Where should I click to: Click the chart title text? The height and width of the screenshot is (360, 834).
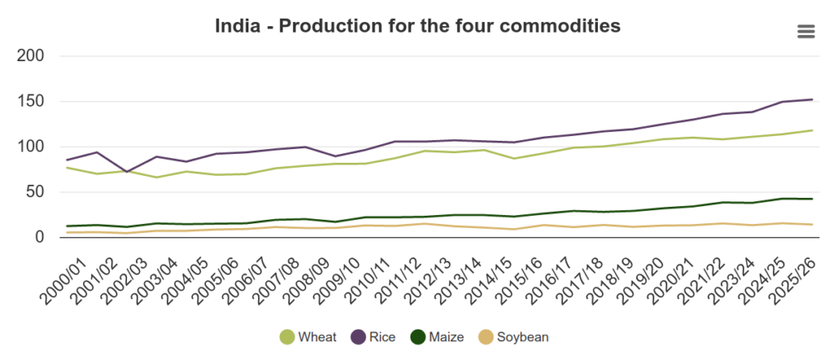(x=417, y=26)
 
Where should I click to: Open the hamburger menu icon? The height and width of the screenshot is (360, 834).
(x=805, y=32)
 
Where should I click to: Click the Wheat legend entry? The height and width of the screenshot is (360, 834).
(x=308, y=337)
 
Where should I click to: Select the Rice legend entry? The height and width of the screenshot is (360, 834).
(x=374, y=337)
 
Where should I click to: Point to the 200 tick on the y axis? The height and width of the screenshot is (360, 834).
(x=32, y=56)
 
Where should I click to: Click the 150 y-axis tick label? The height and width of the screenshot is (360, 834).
(x=32, y=102)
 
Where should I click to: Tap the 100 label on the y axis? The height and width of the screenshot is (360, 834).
(x=32, y=147)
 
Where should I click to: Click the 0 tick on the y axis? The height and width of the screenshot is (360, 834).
(x=40, y=237)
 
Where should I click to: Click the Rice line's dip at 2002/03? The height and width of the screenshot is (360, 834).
(x=126, y=172)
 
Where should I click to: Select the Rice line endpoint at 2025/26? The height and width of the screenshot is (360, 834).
(x=812, y=99)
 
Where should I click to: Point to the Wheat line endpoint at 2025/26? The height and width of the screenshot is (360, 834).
(x=812, y=130)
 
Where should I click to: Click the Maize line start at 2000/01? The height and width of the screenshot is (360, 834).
(x=68, y=226)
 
